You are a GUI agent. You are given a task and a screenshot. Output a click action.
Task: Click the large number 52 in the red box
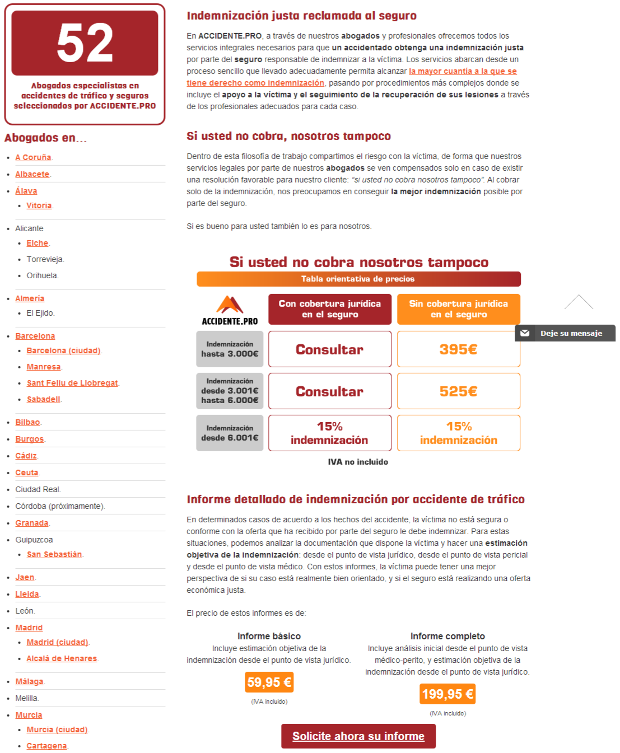point(85,43)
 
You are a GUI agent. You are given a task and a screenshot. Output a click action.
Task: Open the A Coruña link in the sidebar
point(33,157)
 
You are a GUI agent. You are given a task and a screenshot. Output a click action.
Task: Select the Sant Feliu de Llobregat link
point(72,383)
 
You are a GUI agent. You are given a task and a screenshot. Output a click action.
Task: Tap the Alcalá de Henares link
point(62,658)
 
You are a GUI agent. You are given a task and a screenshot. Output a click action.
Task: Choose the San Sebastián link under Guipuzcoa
point(54,554)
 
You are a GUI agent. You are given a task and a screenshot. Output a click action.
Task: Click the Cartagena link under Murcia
point(46,746)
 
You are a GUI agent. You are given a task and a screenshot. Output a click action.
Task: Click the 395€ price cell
point(458,349)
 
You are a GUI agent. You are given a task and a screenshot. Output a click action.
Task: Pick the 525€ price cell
point(458,391)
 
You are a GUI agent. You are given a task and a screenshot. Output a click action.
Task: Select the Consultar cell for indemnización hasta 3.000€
point(329,349)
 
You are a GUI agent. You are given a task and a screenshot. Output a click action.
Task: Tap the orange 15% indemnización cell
point(458,433)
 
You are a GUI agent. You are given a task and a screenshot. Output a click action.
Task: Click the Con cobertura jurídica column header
point(329,309)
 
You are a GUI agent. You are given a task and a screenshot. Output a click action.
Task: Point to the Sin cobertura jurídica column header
point(458,309)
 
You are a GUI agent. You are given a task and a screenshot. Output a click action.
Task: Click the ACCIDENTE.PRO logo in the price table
point(230,310)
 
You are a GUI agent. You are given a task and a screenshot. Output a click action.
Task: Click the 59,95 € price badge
point(269,682)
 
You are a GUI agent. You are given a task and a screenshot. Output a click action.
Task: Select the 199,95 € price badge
point(447,694)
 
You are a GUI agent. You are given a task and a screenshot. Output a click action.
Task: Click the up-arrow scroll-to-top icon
point(579,302)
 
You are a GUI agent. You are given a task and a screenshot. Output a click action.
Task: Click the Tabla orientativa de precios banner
point(358,279)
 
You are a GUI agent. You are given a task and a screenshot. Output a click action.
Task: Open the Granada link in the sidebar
point(31,523)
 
